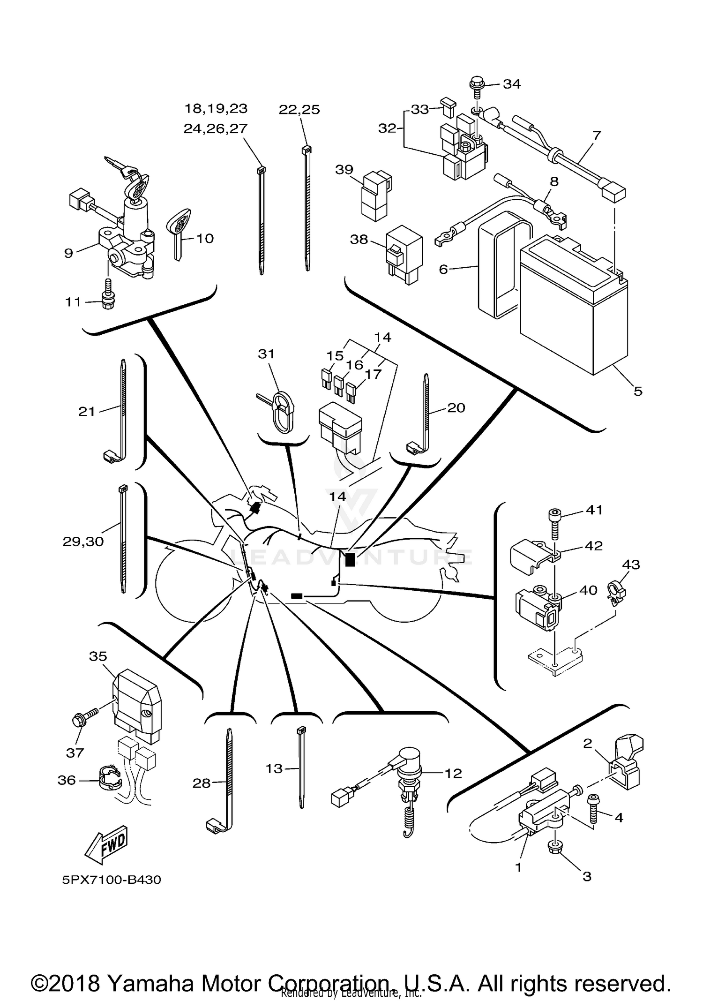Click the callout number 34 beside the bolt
click(x=512, y=84)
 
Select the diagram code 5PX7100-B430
click(x=112, y=880)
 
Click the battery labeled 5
click(x=574, y=305)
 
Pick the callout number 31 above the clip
click(x=266, y=354)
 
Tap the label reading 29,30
click(x=83, y=542)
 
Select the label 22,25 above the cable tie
click(x=299, y=110)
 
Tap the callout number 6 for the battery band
click(x=443, y=269)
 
